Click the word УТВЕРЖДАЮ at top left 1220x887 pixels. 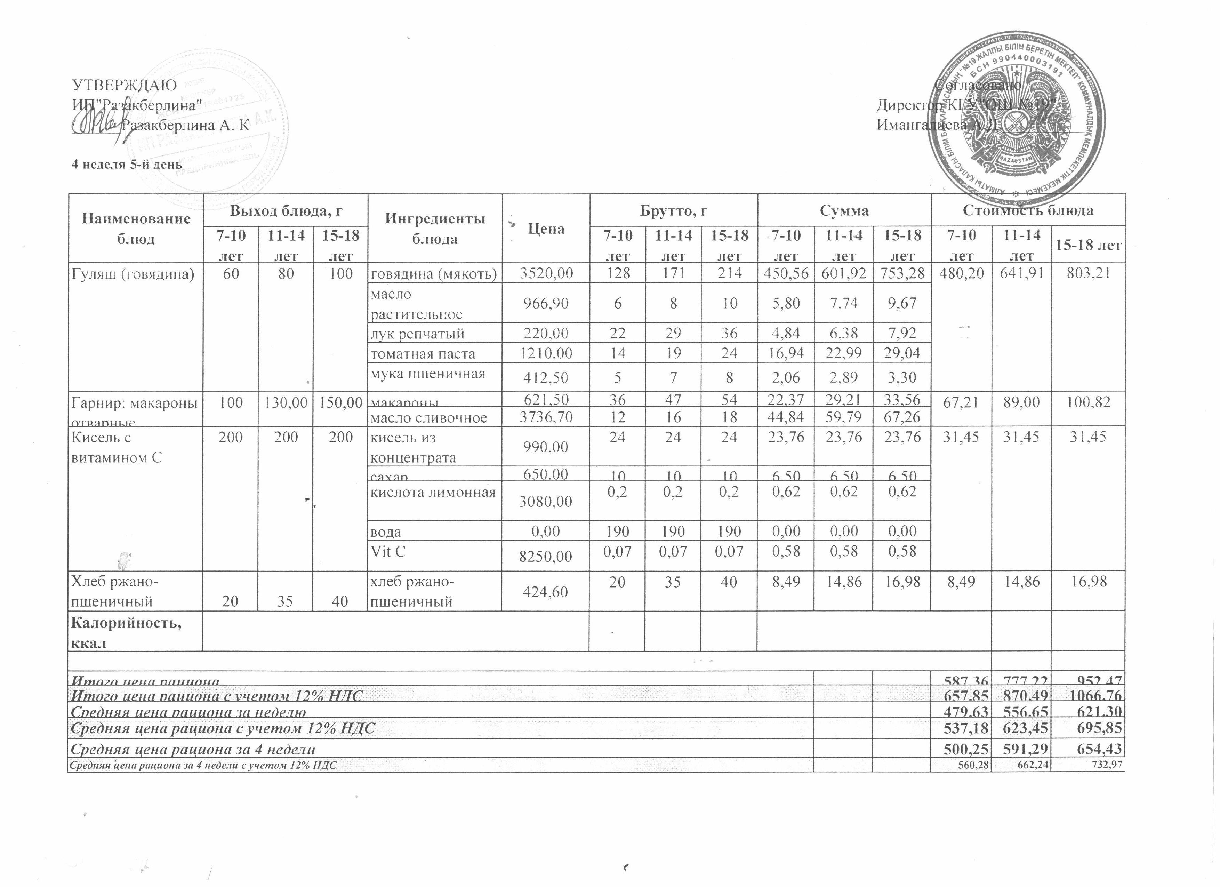point(124,86)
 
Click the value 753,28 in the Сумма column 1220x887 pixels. point(901,274)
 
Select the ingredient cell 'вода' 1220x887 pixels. point(386,532)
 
